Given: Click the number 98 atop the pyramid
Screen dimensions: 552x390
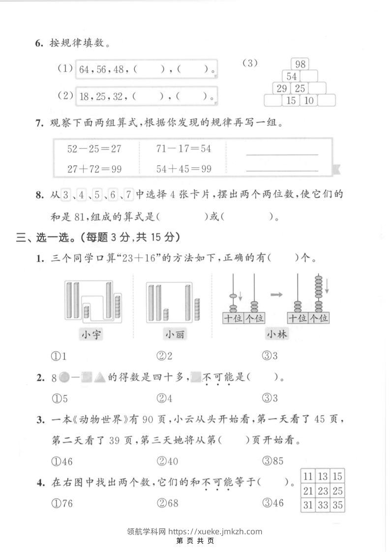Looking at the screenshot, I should point(300,64).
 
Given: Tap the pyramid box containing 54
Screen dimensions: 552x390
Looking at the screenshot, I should point(292,76).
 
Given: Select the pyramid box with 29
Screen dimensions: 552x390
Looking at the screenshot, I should point(281,89).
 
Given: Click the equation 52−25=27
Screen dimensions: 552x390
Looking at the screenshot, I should point(94,148).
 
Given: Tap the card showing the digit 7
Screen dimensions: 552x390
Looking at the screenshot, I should point(128,195).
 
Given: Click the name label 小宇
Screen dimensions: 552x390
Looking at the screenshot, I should point(92,335).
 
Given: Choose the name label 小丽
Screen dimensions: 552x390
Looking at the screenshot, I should point(175,335).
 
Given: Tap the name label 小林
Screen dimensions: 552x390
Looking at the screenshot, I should point(277,335).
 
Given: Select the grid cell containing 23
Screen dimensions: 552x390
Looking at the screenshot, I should point(323,491).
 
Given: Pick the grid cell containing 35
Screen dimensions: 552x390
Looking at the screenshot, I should point(337,505).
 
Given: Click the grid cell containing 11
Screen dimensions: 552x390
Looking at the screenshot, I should point(308,476).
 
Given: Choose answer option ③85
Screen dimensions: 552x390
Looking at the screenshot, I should point(274,461).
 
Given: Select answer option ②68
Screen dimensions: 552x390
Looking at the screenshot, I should point(168,503).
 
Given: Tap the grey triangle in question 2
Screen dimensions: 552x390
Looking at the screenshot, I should point(100,378).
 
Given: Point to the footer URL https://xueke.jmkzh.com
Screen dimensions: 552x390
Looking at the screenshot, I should point(215,531).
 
